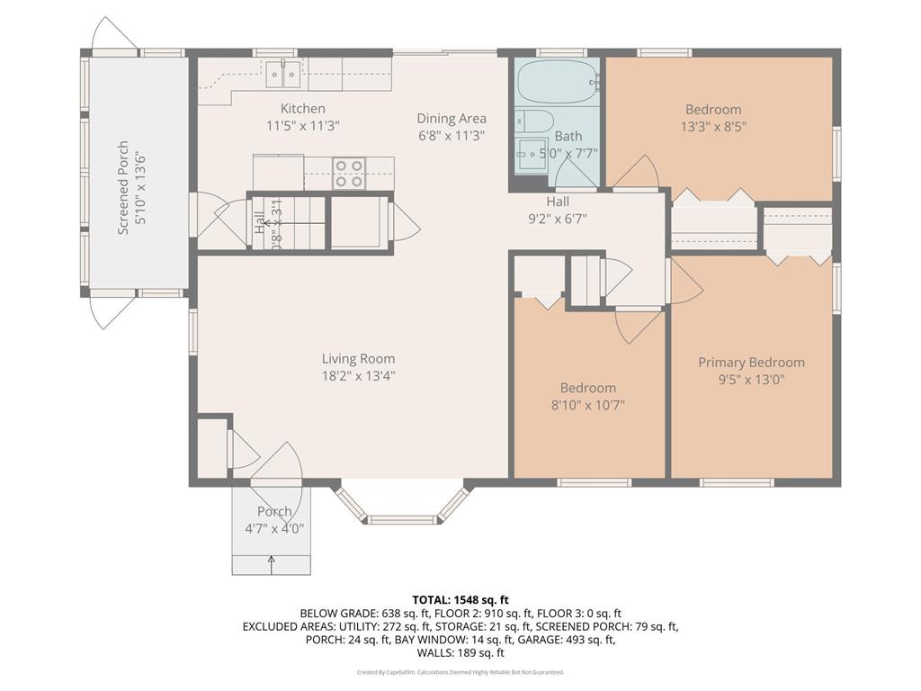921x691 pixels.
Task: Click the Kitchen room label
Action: pyautogui.click(x=301, y=109)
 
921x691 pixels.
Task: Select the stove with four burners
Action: pyautogui.click(x=349, y=173)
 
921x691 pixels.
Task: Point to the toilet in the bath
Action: pyautogui.click(x=530, y=121)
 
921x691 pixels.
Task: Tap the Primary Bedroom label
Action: pyautogui.click(x=751, y=362)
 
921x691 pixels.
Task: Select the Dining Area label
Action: pyautogui.click(x=451, y=118)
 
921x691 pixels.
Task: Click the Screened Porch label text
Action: pyautogui.click(x=124, y=187)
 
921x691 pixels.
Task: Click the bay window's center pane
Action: pyautogui.click(x=402, y=519)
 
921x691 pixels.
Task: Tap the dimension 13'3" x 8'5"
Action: pyautogui.click(x=713, y=127)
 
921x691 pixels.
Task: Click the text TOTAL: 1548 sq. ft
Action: pyautogui.click(x=460, y=599)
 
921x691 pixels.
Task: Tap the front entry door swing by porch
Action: pyautogui.click(x=281, y=463)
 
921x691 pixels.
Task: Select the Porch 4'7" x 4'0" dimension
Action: pyautogui.click(x=273, y=529)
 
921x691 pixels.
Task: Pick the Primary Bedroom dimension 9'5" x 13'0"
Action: pyautogui.click(x=751, y=380)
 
